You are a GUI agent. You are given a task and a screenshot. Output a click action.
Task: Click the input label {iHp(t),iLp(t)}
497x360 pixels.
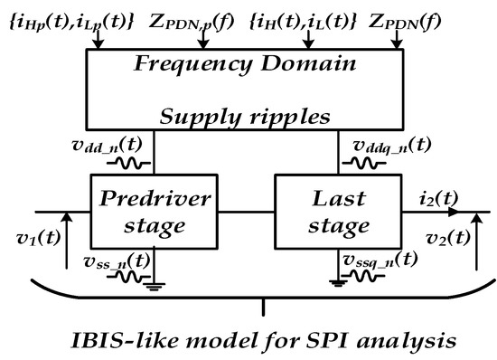tap(70, 18)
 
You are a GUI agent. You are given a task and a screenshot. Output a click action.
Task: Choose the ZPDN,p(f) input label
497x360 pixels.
tap(196, 18)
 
